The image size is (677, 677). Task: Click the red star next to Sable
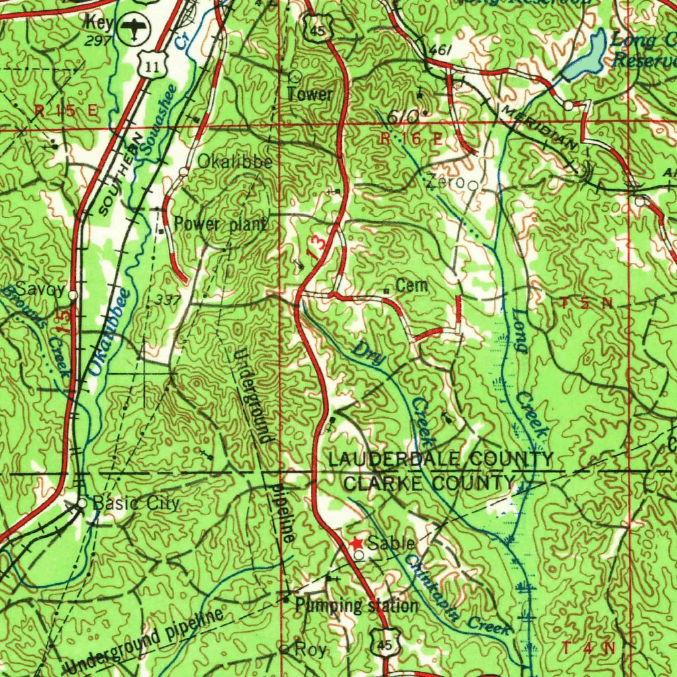[x=356, y=543]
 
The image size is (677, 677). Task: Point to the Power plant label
[x=220, y=225]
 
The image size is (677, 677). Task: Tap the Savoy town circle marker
[x=73, y=295]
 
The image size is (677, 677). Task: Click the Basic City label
[x=136, y=504]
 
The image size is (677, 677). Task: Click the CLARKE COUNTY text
[x=428, y=483]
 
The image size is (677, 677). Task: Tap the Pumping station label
[x=356, y=606]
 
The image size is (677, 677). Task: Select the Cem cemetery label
[x=411, y=286]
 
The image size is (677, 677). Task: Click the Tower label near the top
[x=309, y=94]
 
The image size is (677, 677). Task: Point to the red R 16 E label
[x=411, y=138]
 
